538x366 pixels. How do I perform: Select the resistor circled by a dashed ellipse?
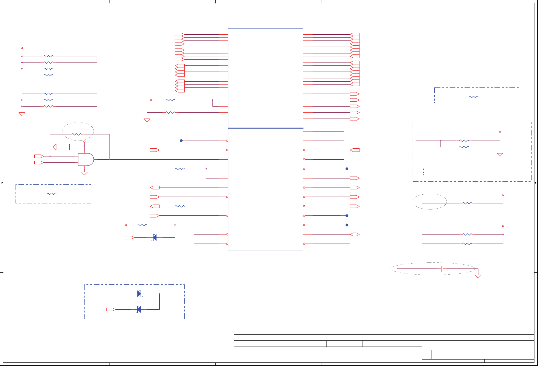coord(76,134)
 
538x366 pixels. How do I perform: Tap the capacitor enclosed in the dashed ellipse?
coord(442,269)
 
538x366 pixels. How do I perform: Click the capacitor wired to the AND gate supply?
coord(70,147)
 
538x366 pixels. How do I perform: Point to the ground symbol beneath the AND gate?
coord(84,173)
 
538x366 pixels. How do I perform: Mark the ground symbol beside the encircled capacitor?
coord(478,276)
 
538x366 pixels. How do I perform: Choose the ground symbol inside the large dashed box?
coord(500,155)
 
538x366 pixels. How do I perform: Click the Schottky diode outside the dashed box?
coord(155,238)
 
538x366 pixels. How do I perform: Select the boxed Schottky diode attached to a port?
coord(139,310)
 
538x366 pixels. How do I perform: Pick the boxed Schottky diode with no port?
coord(139,294)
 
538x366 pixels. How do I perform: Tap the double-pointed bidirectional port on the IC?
coord(355,234)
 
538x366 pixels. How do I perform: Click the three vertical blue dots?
coord(424,171)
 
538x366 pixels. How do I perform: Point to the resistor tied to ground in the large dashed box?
coord(464,147)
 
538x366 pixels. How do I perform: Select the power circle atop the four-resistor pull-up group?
coord(22,48)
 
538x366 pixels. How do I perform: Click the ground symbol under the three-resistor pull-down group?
coord(22,114)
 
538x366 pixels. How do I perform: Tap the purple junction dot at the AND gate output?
coord(109,159)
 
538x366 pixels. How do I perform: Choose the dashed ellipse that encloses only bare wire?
coord(429,201)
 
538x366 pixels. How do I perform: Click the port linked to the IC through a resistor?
coord(155,206)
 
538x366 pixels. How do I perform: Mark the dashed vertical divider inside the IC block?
coord(269,78)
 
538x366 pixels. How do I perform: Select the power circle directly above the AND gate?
coord(84,142)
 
